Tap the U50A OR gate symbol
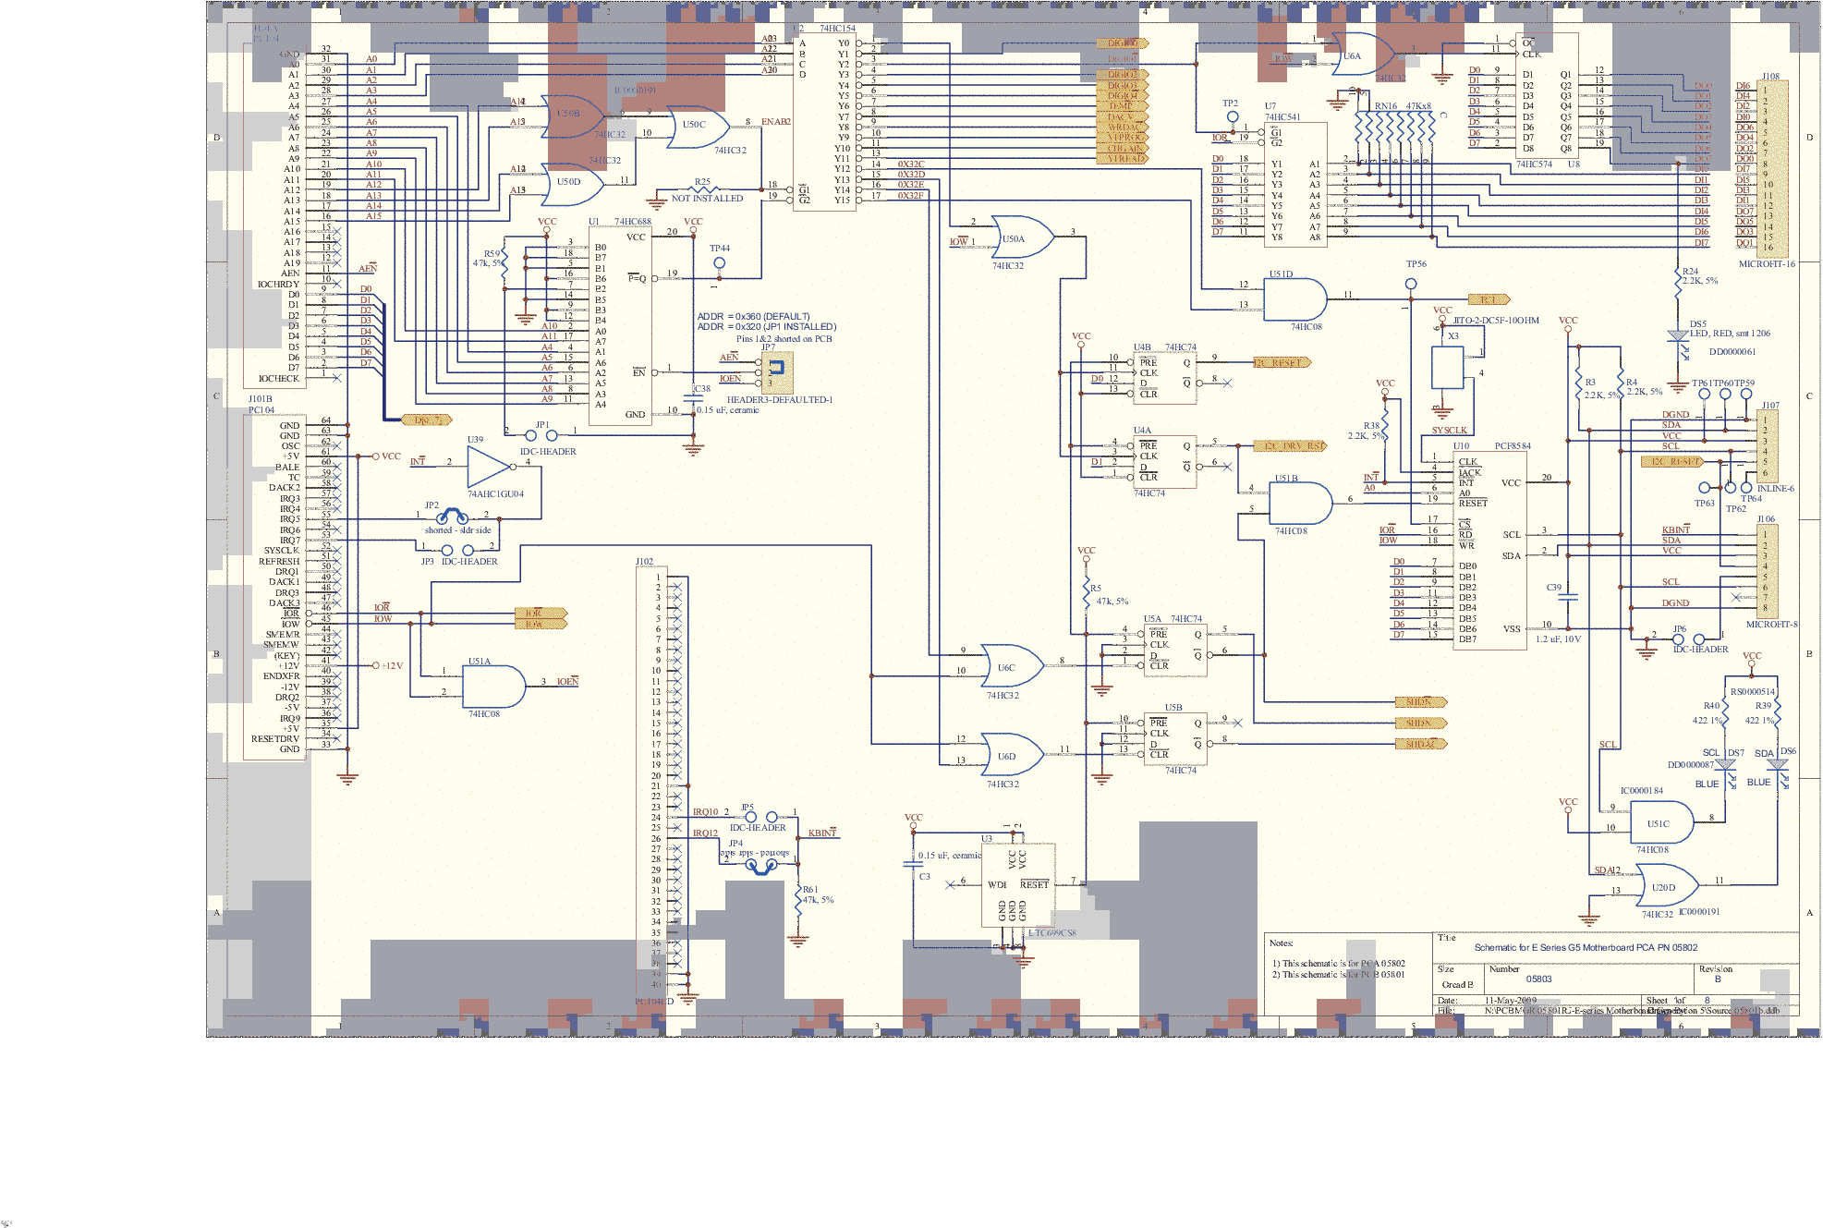pos(1021,237)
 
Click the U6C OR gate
pos(1011,666)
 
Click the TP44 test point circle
pos(720,263)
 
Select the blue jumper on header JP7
pos(776,368)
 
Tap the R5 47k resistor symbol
pos(1087,594)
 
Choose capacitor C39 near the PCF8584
pos(1569,596)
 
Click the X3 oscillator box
pos(1447,367)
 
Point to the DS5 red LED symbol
pos(1678,337)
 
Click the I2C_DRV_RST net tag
pos(1291,446)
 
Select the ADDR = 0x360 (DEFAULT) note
pos(753,317)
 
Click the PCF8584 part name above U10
pos(1513,446)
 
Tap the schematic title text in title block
pos(1586,947)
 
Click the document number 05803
pos(1538,979)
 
